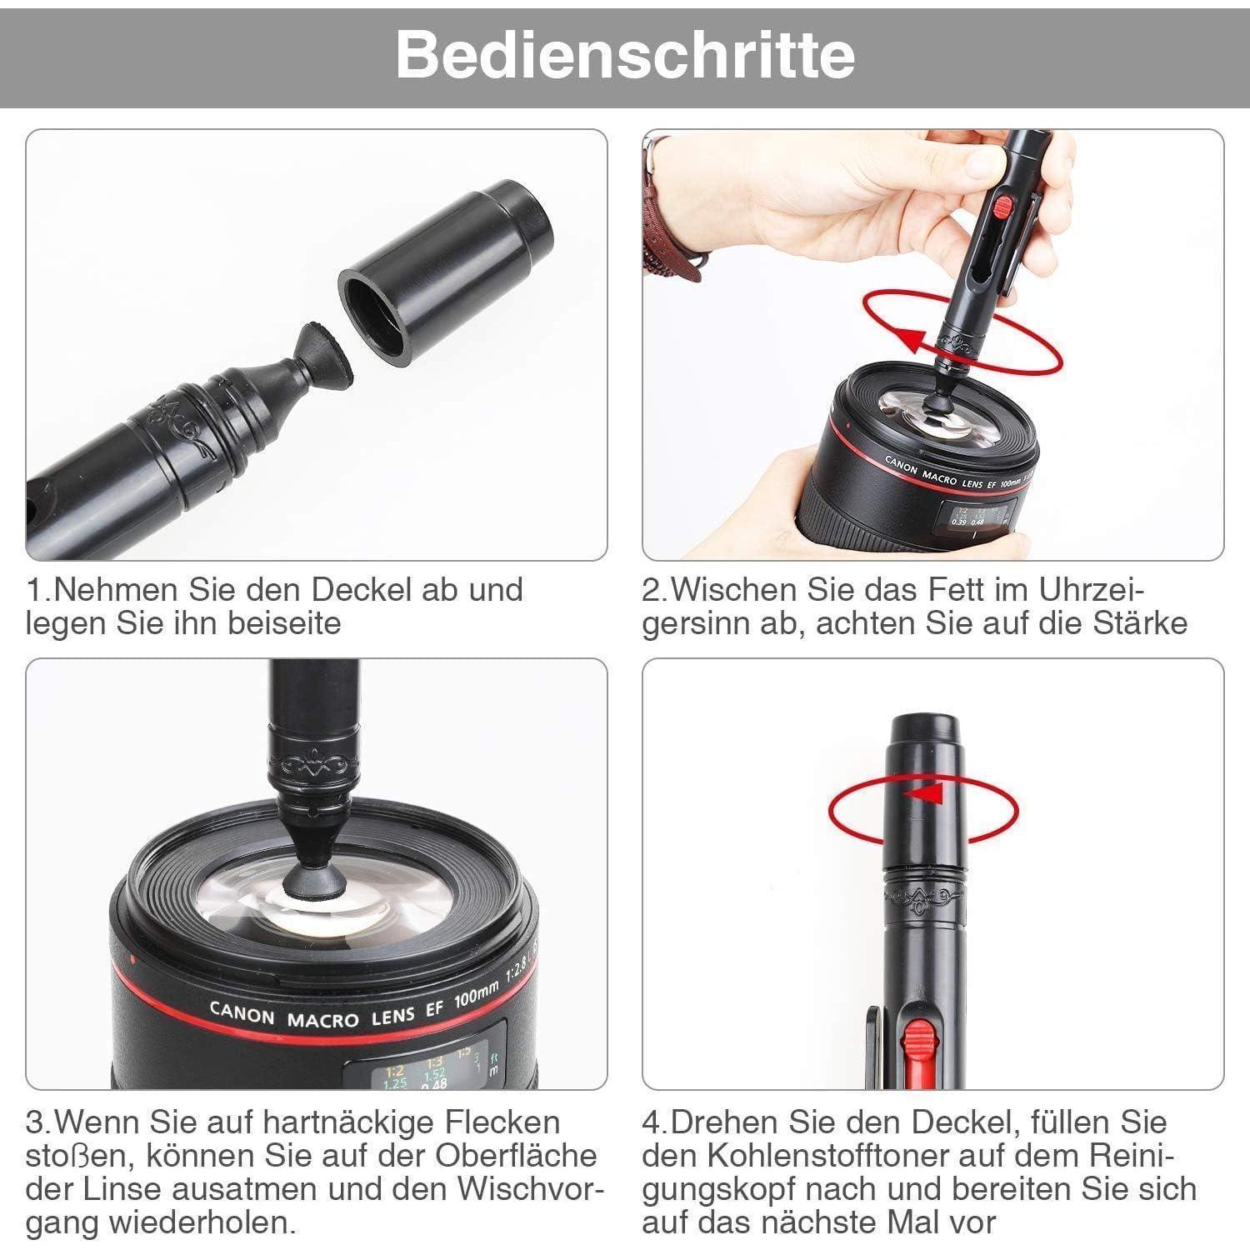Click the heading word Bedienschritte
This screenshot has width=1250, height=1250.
click(625, 54)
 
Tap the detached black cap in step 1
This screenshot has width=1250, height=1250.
click(447, 272)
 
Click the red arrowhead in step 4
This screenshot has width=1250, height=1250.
click(924, 792)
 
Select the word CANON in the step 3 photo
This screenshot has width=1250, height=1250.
click(242, 1012)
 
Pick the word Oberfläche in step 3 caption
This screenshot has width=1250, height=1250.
click(514, 1156)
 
